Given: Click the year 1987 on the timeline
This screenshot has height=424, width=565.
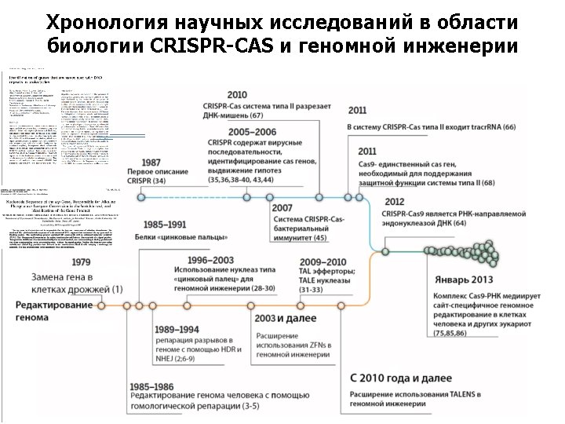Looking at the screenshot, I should [142, 162].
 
